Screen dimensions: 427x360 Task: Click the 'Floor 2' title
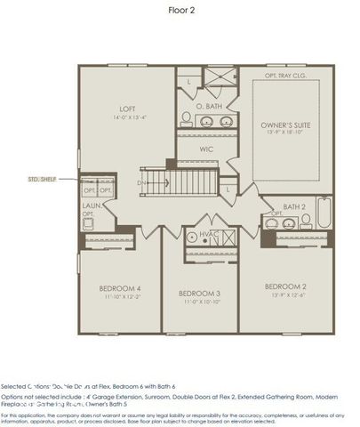pos(181,10)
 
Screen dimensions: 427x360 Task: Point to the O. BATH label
pos(208,106)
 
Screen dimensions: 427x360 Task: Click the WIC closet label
pos(206,149)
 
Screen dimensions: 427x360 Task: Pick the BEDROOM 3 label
pos(199,293)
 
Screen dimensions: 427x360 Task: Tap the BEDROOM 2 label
pos(285,286)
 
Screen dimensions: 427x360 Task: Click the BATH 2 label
pos(294,206)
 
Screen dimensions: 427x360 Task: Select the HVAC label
pos(209,234)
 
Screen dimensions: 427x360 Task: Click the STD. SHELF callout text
pos(41,179)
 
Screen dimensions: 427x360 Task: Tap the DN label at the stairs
pos(140,183)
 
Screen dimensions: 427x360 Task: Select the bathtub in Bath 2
pos(324,213)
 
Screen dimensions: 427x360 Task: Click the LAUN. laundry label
pos(91,206)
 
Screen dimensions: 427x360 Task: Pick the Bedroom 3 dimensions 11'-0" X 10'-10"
pos(199,302)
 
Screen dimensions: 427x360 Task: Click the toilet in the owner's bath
pos(187,117)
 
